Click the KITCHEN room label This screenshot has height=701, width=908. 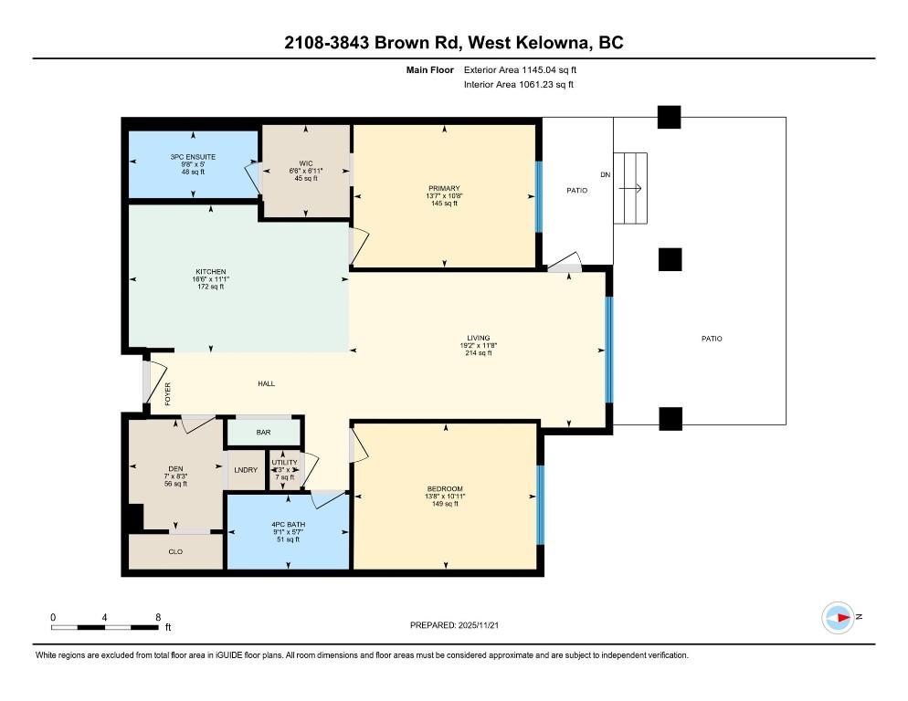click(211, 271)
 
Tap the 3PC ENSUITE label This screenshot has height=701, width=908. click(193, 157)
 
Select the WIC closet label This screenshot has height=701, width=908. click(306, 163)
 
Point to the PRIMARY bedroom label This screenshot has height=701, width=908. click(444, 188)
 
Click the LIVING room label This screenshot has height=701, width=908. click(479, 338)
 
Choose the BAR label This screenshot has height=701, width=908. click(263, 433)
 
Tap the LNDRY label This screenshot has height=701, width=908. click(246, 470)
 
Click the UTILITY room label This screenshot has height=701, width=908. click(284, 463)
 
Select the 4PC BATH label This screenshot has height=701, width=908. click(289, 525)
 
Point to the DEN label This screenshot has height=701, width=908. click(176, 469)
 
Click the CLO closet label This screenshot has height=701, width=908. click(175, 551)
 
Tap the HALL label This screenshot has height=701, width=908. click(267, 383)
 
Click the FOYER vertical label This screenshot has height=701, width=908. click(168, 393)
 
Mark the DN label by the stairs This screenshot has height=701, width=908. click(605, 175)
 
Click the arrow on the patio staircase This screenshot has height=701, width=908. click(630, 188)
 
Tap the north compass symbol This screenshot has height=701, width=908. click(839, 618)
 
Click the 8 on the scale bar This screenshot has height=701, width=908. click(158, 617)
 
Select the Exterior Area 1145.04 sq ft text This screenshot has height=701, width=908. click(520, 70)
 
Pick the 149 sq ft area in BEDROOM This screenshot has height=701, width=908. click(445, 504)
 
